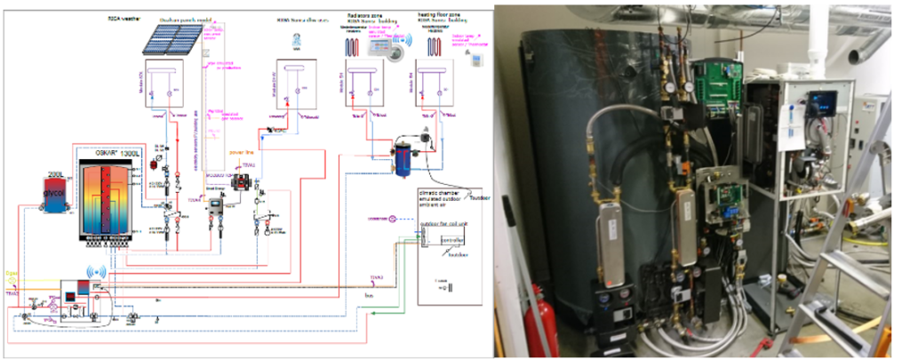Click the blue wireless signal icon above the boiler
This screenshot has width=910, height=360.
pos(91,270)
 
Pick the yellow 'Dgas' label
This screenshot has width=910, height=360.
pos(11,274)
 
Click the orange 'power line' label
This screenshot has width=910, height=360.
pos(243,152)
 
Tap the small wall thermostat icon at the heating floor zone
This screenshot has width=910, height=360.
pos(477,60)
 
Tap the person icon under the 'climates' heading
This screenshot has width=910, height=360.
pos(297,39)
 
